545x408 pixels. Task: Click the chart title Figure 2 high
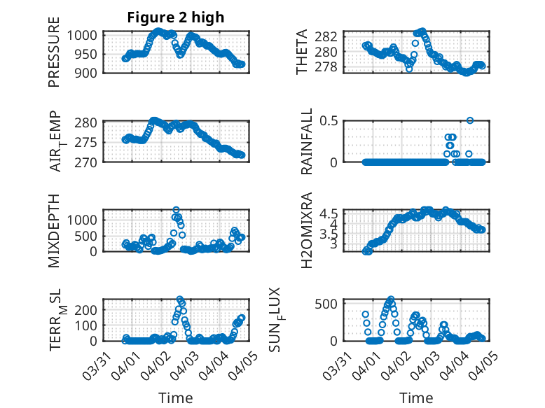175,18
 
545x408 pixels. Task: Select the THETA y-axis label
303,53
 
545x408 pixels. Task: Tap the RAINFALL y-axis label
307,142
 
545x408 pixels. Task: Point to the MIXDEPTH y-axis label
54,230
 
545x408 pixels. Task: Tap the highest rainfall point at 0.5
470,120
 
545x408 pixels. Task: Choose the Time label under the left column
175,398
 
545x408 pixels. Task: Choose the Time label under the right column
416,398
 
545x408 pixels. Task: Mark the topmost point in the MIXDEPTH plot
176,210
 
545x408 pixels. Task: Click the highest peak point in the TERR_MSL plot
180,299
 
